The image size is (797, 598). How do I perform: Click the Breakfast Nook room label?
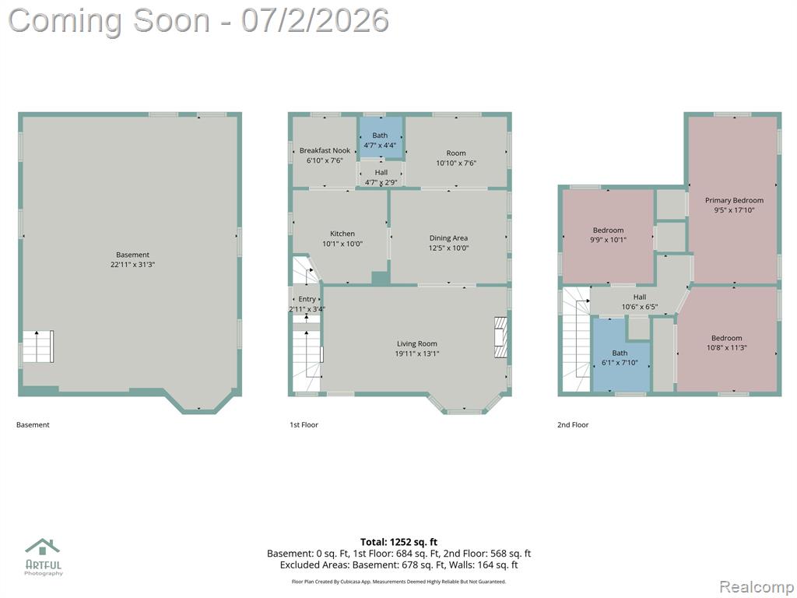(x=325, y=150)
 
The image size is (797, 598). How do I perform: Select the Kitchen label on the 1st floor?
(x=342, y=234)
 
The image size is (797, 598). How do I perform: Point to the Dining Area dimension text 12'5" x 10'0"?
(x=448, y=248)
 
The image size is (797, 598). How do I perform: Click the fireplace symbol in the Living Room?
(x=501, y=338)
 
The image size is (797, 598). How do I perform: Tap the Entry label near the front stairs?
(x=307, y=299)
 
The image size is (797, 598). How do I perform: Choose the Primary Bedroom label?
(x=734, y=200)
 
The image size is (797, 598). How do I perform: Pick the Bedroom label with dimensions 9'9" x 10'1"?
(x=608, y=230)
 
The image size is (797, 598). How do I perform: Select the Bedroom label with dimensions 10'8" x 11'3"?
(x=726, y=338)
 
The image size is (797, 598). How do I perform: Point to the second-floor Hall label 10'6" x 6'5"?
(x=640, y=297)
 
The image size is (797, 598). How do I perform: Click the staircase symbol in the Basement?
(x=38, y=346)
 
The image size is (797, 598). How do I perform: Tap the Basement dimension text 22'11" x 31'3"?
(x=132, y=265)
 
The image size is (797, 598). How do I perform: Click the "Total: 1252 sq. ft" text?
(x=398, y=542)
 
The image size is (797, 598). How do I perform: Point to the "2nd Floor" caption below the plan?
(x=573, y=424)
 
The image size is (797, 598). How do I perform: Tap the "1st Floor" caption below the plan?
(x=304, y=424)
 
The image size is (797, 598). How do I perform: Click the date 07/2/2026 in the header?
(x=315, y=20)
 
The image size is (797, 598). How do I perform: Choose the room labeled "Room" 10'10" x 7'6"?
(x=456, y=153)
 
